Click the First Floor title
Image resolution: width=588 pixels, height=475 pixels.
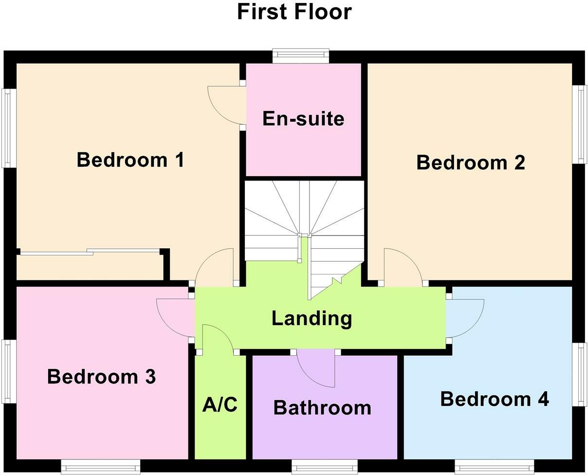[x=294, y=12]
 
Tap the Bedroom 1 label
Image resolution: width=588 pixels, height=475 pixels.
[x=130, y=160]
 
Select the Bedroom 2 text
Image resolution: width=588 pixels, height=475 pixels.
[x=471, y=163]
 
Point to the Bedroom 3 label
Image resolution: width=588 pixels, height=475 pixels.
[x=101, y=377]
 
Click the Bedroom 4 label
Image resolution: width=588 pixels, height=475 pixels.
[x=495, y=399]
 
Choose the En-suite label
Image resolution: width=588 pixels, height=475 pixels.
[x=303, y=119]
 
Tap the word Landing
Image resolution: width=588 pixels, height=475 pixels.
[x=312, y=318]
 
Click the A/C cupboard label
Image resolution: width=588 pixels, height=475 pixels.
[x=220, y=405]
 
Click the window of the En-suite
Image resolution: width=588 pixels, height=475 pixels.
[x=301, y=55]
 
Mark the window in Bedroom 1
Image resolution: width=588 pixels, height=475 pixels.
[x=9, y=128]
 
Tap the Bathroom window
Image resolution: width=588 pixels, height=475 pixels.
[x=324, y=468]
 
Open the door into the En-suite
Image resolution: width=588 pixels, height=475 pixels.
[x=225, y=106]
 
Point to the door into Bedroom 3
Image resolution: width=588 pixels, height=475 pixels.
[x=174, y=317]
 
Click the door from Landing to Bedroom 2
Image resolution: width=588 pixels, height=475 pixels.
[x=402, y=266]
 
